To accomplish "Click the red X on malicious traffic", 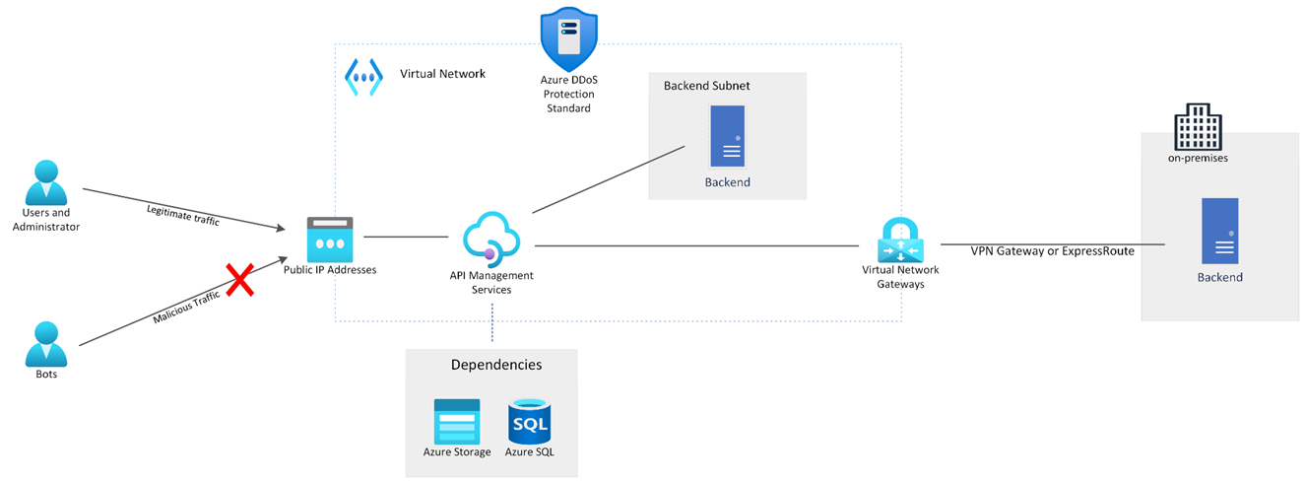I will tap(240, 281).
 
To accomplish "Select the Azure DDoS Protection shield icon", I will tap(568, 38).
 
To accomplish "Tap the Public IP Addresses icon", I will tap(329, 239).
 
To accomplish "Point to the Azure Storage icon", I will tap(457, 421).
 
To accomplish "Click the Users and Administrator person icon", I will tap(45, 183).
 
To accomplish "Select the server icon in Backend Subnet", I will tap(727, 137).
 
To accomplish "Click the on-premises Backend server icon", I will tap(1219, 232).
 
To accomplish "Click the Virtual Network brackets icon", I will tap(363, 76).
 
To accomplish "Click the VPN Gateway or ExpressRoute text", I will tap(1052, 251).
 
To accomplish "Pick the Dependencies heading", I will tap(495, 365).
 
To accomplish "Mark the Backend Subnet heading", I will tap(706, 86).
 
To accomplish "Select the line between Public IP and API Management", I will tap(406, 237).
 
